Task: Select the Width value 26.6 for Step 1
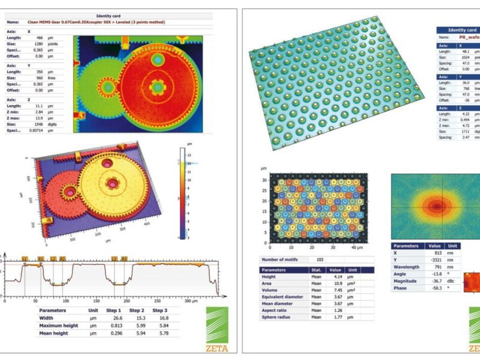point(117,318)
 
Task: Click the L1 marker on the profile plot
point(25,258)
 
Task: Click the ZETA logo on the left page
point(217,329)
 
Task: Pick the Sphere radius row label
point(278,317)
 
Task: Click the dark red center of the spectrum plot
point(436,206)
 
